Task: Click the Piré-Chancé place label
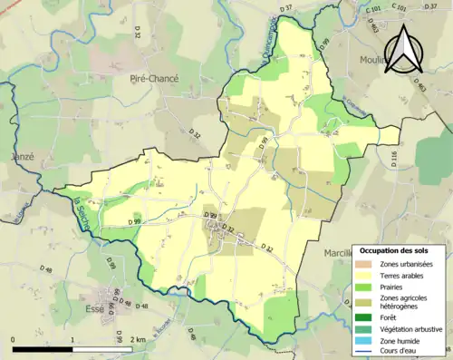coord(154,79)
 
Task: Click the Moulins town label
coord(398,62)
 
